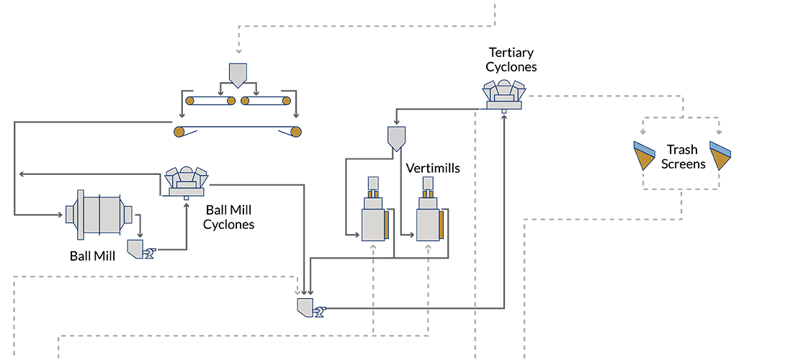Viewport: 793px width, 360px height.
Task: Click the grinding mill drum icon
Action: (x=99, y=214)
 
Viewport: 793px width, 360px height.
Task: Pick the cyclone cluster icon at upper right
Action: (x=505, y=94)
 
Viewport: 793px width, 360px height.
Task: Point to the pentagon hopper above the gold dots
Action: (x=238, y=73)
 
